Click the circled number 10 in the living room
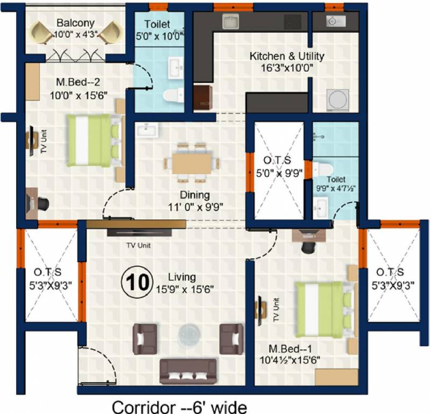137,282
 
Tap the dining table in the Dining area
192,164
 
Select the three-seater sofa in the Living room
188,371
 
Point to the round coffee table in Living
189,335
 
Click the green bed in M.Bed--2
94,141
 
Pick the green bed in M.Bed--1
323,309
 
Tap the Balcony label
75,23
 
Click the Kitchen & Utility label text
287,56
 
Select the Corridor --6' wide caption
179,407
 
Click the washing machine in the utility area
338,100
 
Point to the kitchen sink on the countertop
230,22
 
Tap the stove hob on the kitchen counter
293,22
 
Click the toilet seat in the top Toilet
174,95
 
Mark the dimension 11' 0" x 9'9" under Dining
195,207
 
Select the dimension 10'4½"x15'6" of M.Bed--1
290,360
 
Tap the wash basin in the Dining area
147,130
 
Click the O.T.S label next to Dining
277,160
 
